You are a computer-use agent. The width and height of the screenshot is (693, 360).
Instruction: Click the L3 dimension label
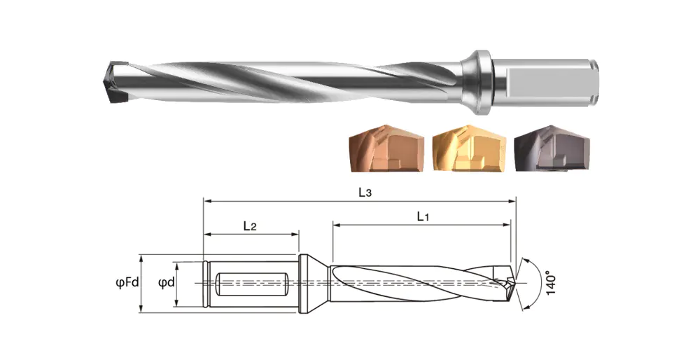pyautogui.click(x=365, y=193)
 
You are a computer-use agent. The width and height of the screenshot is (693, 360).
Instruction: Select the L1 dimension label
pyautogui.click(x=423, y=216)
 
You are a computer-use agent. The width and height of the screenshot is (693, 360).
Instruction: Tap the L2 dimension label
pyautogui.click(x=250, y=226)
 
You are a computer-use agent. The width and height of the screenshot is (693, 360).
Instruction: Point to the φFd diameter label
pyautogui.click(x=127, y=282)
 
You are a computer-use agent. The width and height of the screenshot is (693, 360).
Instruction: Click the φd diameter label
pyautogui.click(x=166, y=282)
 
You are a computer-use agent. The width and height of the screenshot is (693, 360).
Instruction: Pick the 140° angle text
pyautogui.click(x=549, y=283)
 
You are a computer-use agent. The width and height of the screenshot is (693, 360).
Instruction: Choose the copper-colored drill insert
pyautogui.click(x=386, y=148)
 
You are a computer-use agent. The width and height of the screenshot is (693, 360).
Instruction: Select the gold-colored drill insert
pyautogui.click(x=468, y=148)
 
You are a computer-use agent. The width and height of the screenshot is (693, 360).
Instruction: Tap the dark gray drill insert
pyautogui.click(x=552, y=148)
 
